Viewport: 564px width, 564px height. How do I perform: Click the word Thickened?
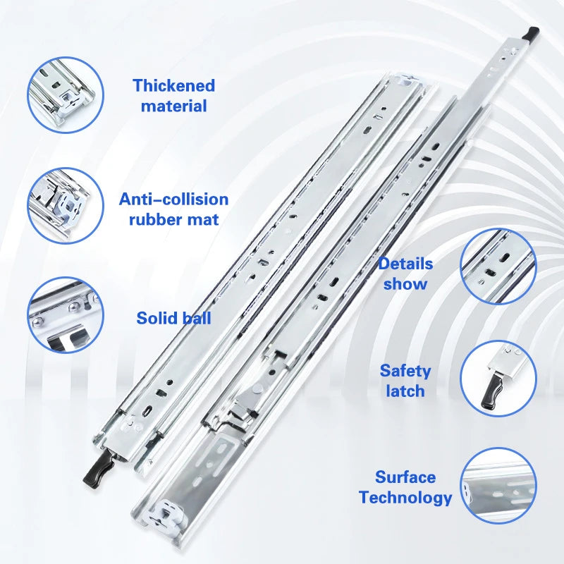pos(173,86)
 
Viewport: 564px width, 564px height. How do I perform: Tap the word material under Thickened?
pos(173,106)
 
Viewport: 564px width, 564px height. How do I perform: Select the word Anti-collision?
pos(173,200)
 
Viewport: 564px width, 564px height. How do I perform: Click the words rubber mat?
pos(173,219)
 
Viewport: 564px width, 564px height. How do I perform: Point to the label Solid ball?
pos(173,318)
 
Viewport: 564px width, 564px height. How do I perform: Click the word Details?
pos(405,264)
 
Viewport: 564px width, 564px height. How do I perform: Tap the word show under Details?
pos(405,284)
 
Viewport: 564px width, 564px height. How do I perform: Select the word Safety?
pos(405,371)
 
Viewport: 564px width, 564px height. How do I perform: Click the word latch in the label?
pos(405,391)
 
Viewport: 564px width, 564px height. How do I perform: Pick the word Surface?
pos(405,477)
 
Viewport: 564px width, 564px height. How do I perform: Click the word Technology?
pos(405,497)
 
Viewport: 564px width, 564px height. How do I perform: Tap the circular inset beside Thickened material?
pos(66,94)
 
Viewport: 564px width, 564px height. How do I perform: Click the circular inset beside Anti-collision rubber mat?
pos(66,205)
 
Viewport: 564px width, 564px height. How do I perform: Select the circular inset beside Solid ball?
pos(66,315)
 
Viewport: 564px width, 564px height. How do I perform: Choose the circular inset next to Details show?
pos(498,266)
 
